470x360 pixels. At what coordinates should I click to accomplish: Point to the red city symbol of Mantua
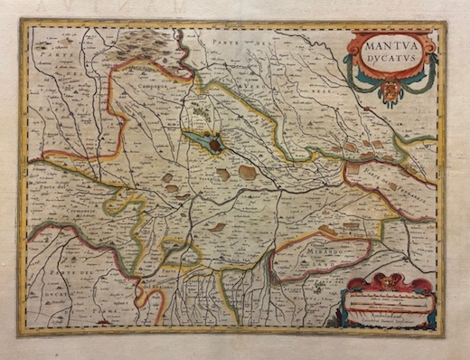[217, 143]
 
